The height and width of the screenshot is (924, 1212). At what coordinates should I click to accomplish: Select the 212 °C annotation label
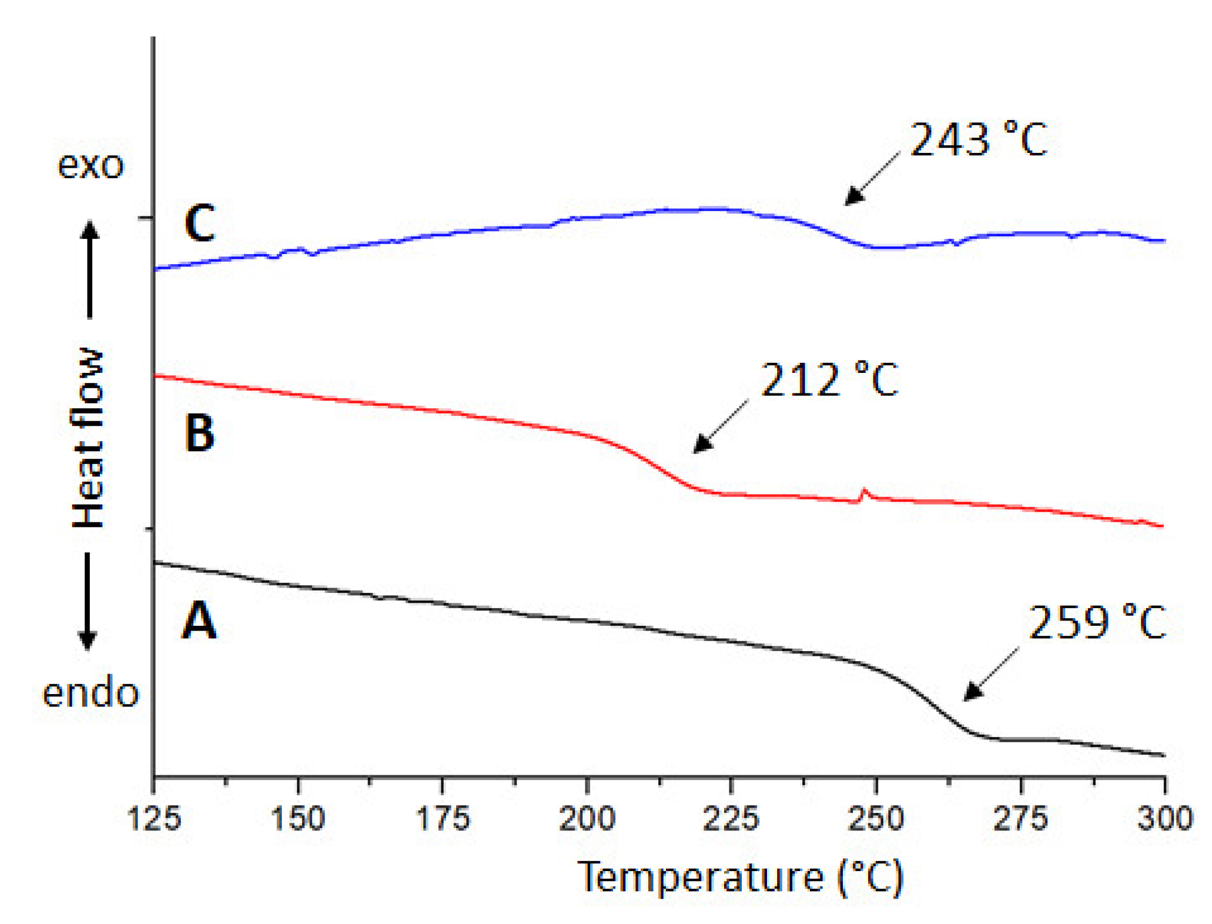(829, 380)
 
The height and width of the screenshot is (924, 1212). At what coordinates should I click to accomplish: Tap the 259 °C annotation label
(1097, 622)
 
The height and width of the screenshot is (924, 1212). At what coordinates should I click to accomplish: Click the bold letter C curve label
(200, 224)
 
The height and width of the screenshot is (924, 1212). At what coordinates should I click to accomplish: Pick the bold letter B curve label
(200, 433)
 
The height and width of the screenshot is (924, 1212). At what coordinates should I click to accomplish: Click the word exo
(91, 165)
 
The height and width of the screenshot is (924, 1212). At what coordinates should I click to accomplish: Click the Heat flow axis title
(88, 438)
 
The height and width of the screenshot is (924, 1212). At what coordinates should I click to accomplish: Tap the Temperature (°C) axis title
(741, 878)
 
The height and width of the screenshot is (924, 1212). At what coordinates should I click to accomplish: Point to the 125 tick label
(154, 818)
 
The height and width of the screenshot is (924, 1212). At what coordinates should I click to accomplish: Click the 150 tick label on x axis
(298, 818)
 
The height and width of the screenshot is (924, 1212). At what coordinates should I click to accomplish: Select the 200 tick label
(587, 818)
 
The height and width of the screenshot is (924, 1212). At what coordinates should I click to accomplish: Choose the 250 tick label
(876, 818)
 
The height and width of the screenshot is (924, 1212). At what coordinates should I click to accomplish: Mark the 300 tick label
(1164, 818)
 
